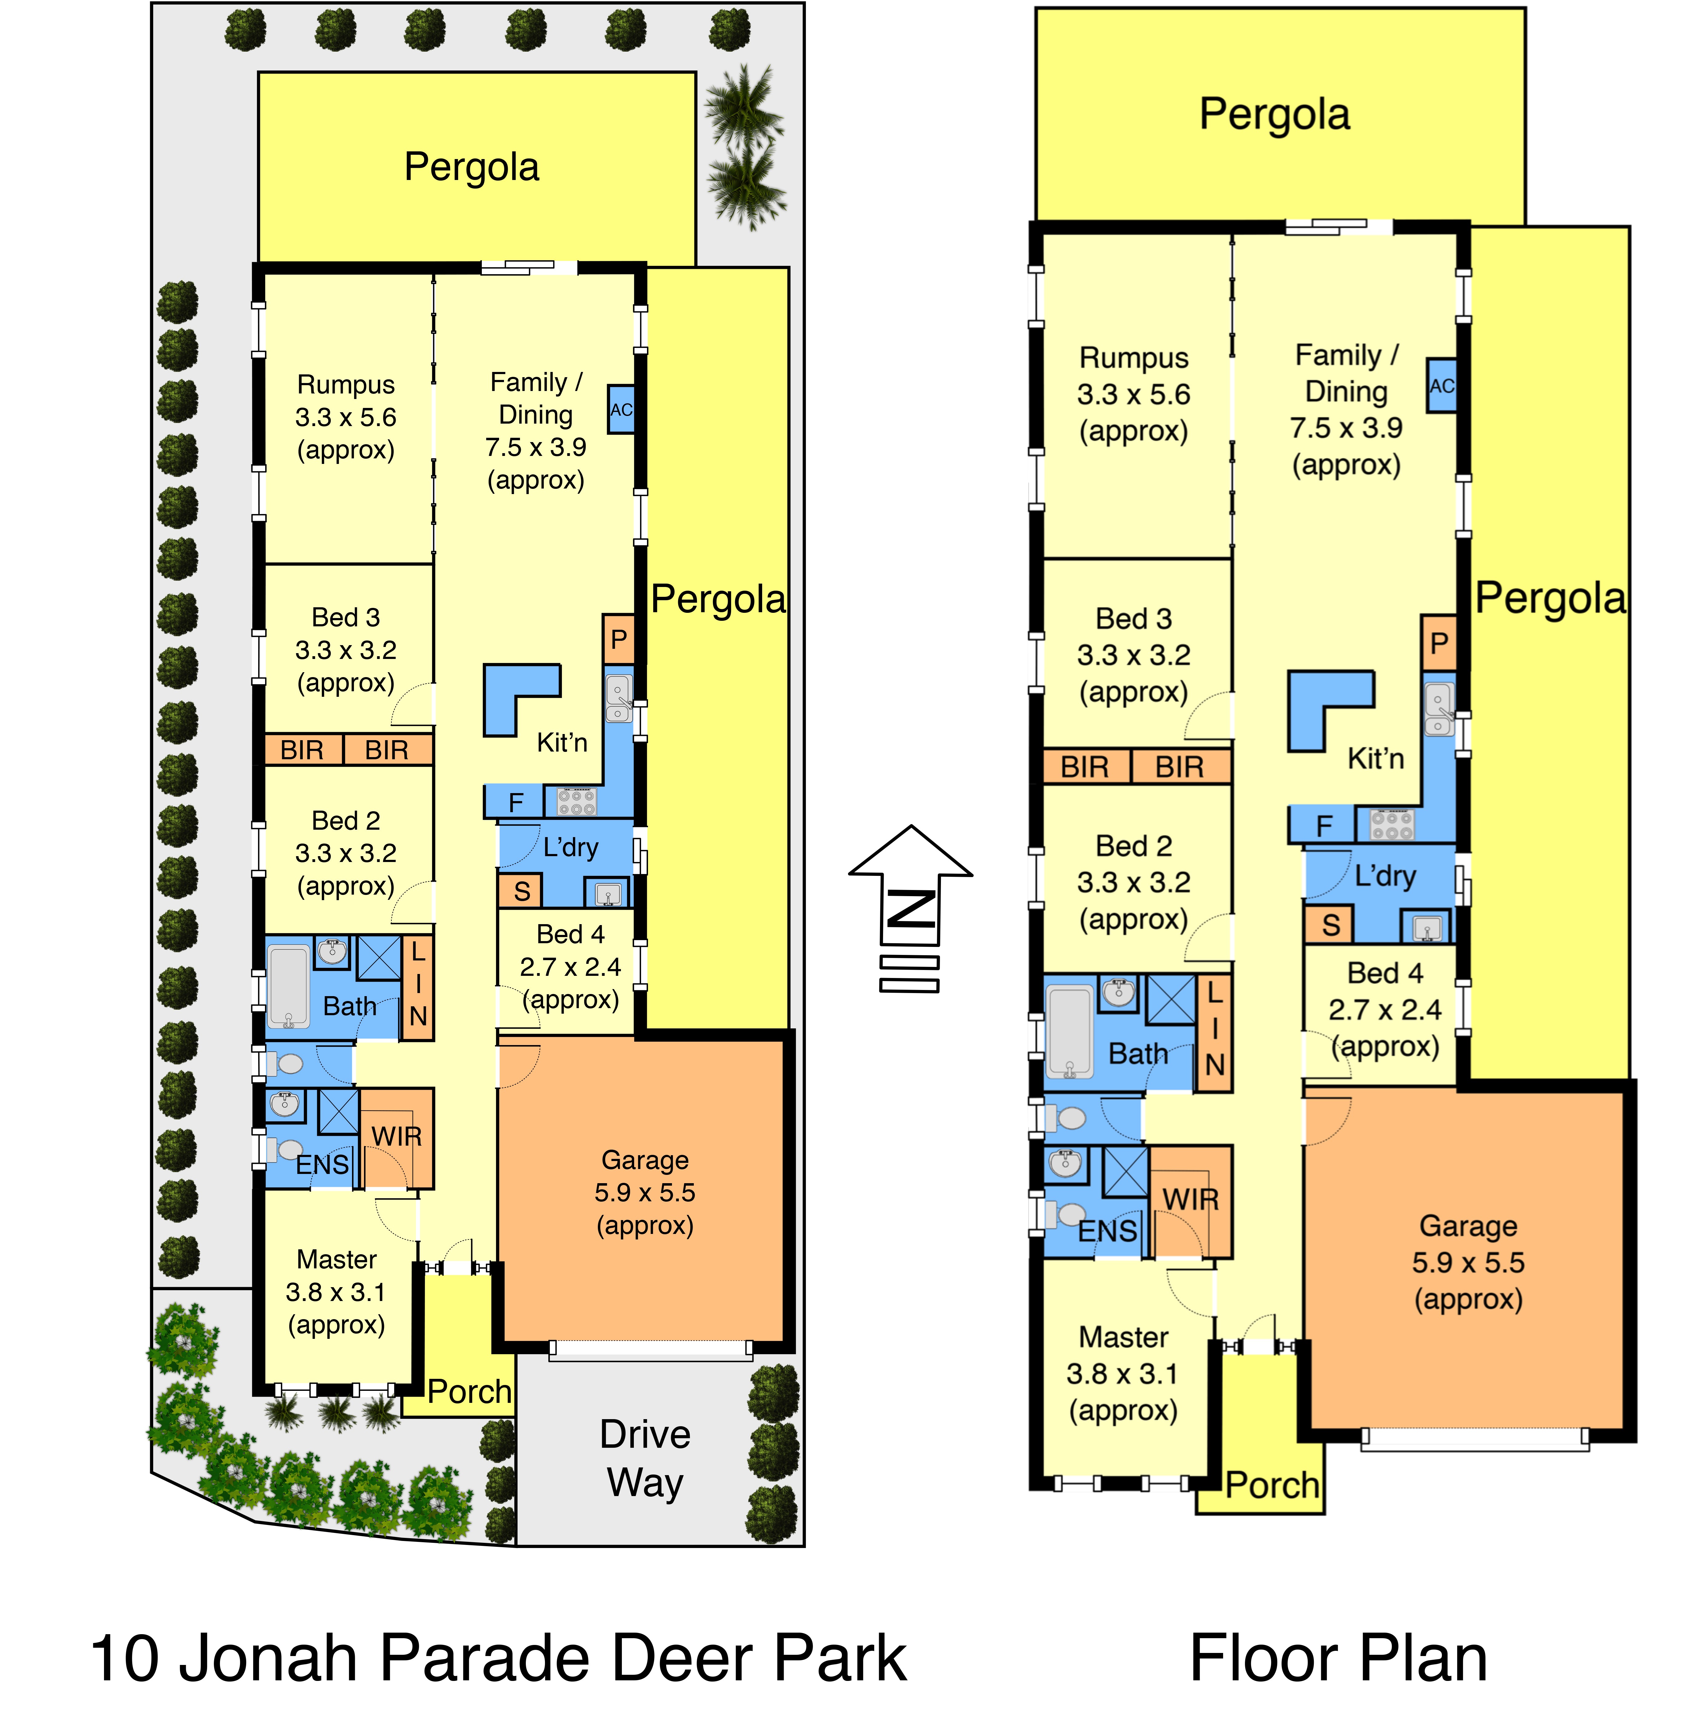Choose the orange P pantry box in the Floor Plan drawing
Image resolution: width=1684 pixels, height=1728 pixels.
coord(1439,643)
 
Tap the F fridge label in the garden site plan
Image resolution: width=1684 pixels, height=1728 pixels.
coord(516,802)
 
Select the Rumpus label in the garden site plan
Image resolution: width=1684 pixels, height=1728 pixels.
coord(346,385)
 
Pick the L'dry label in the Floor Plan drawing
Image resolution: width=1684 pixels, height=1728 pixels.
coord(1385,876)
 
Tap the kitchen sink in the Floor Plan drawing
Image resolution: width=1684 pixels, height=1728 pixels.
coord(1439,709)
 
